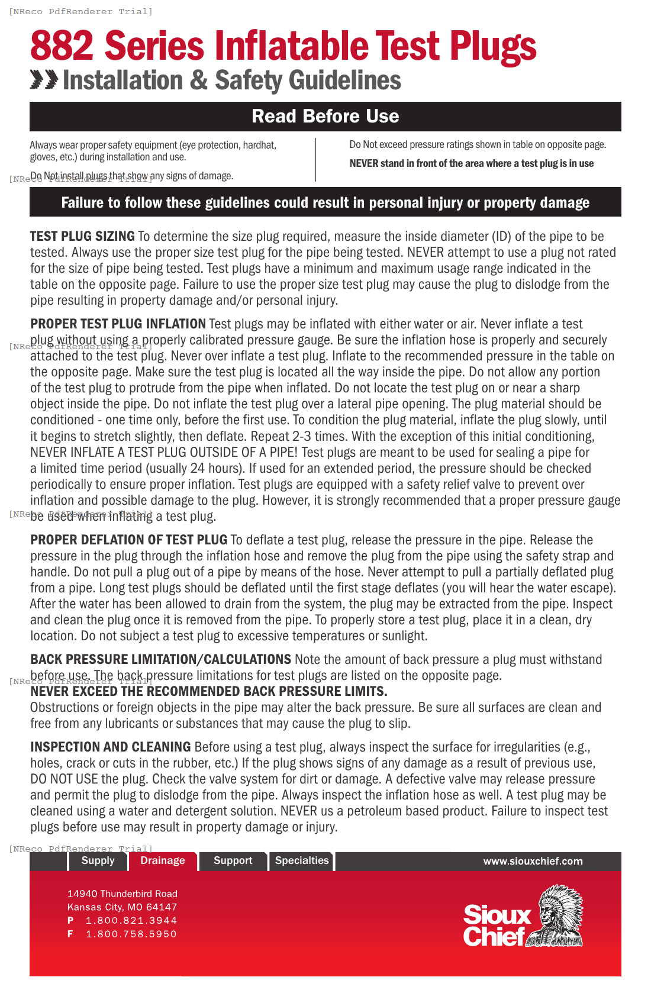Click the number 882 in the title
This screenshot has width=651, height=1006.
tap(62, 46)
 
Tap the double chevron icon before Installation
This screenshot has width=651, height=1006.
tap(44, 79)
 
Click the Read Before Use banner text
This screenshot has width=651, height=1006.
tap(325, 116)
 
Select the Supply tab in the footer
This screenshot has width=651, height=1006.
tap(98, 860)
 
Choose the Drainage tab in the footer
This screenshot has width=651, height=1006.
tap(162, 860)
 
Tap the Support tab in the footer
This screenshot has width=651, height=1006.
tap(233, 860)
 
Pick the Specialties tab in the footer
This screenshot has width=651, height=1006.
tap(301, 860)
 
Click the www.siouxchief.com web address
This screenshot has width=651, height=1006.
tap(533, 861)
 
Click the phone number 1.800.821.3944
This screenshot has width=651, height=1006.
tap(131, 920)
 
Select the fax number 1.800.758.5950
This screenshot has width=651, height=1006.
tap(131, 934)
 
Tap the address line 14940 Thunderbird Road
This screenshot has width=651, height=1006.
tap(122, 894)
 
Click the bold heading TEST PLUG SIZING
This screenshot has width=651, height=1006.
tap(82, 236)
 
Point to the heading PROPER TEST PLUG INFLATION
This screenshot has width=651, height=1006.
tap(118, 324)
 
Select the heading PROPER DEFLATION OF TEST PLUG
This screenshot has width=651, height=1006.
tap(128, 540)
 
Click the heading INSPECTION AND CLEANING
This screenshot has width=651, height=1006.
tap(110, 747)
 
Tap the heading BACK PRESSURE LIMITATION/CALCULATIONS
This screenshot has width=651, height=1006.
tap(160, 659)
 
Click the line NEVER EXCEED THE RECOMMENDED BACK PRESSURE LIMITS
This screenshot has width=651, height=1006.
tap(208, 691)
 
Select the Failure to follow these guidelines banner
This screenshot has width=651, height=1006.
tap(325, 202)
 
